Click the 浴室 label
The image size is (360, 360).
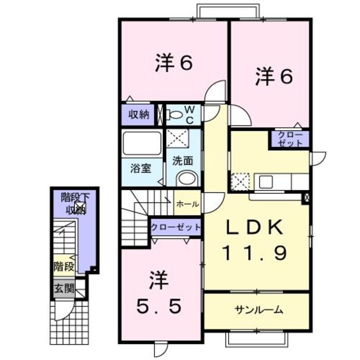140,168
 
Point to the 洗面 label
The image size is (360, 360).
183,161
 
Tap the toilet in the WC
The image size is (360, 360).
175,114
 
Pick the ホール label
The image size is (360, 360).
188,204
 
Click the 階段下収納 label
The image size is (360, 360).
75,203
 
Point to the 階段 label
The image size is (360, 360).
64,267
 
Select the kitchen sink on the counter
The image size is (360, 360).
266,181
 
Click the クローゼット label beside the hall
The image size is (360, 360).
175,227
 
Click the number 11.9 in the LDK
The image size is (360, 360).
254,253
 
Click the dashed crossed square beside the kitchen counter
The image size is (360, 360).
240,181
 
